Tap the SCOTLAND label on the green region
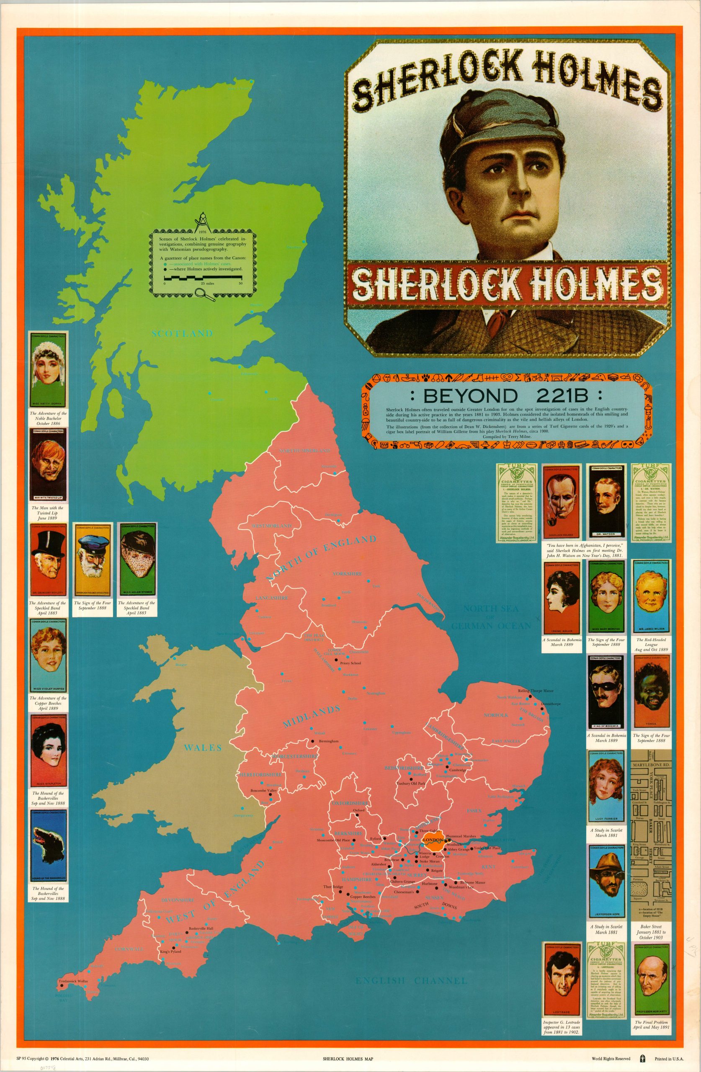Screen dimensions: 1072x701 click(x=182, y=334)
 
